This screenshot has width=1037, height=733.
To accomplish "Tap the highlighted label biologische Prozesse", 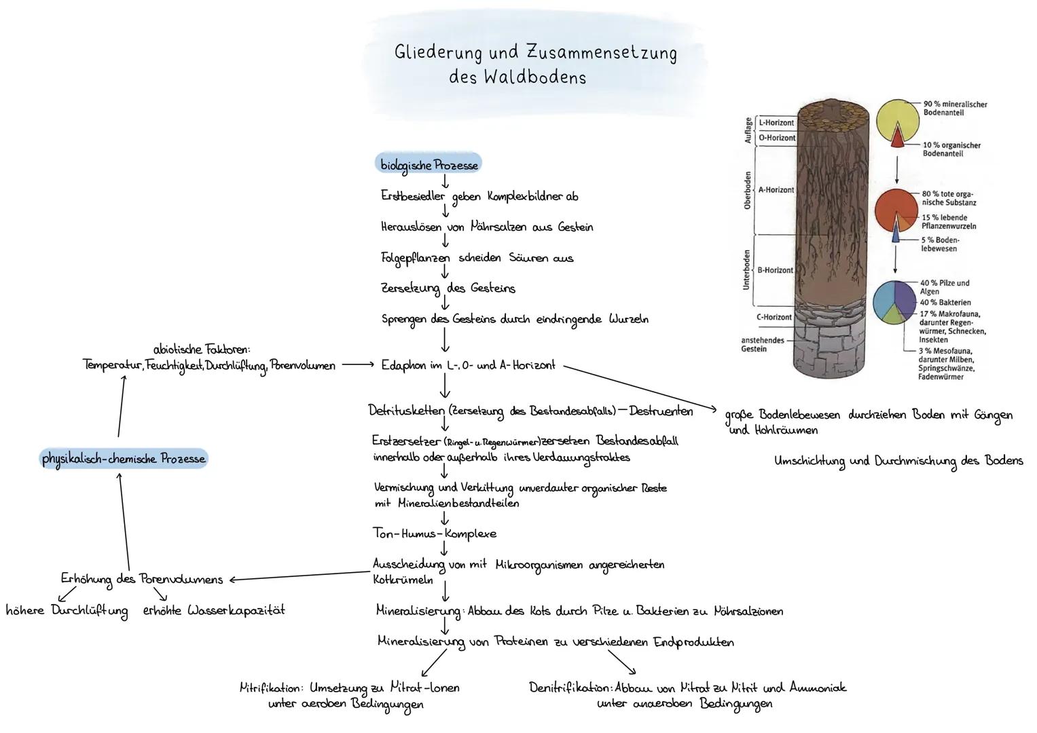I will coord(429,164).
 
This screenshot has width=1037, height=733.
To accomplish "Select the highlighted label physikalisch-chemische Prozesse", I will coord(124,459).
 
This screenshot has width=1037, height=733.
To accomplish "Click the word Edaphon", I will coord(403,365).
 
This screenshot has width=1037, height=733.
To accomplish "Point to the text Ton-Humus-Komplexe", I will coord(435,533).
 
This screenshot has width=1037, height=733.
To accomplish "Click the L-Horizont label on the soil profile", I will coord(776,123).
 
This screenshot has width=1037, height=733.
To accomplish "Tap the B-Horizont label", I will coord(775,270).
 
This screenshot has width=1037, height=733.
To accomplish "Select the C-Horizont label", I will coord(774,317).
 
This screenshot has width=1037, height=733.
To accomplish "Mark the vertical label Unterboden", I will coord(746,269).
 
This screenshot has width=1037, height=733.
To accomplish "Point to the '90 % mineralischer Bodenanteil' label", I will coord(955,109).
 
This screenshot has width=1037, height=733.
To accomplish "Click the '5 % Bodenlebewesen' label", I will coord(940,244).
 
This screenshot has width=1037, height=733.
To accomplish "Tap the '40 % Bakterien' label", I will coord(945,303).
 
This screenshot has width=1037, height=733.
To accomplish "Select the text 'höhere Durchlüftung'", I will coord(67,611).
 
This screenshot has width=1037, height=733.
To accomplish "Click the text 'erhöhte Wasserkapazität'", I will coord(214,610).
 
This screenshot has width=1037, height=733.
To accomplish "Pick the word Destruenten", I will coord(661,411).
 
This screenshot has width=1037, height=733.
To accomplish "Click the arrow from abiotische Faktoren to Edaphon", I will coord(357,365).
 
